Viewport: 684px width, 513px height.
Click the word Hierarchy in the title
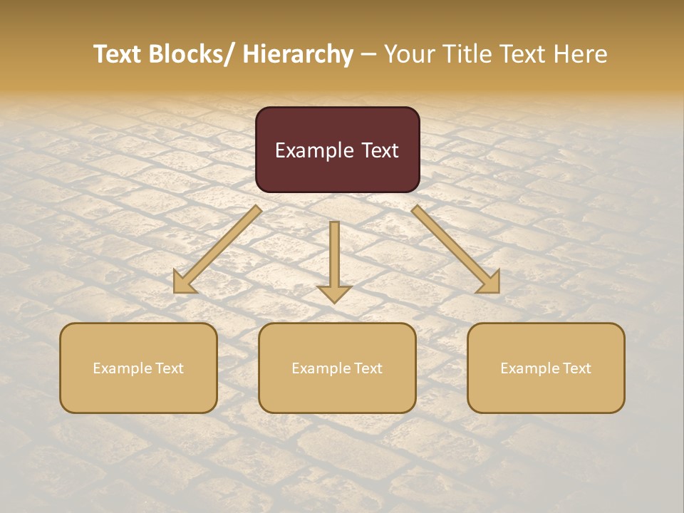pyautogui.click(x=298, y=54)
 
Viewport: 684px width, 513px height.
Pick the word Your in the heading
pyautogui.click(x=410, y=54)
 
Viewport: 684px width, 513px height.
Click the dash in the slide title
pyautogui.click(x=368, y=55)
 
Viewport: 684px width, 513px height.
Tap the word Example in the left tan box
pyautogui.click(x=118, y=368)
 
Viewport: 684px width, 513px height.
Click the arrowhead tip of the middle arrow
pyautogui.click(x=334, y=301)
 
